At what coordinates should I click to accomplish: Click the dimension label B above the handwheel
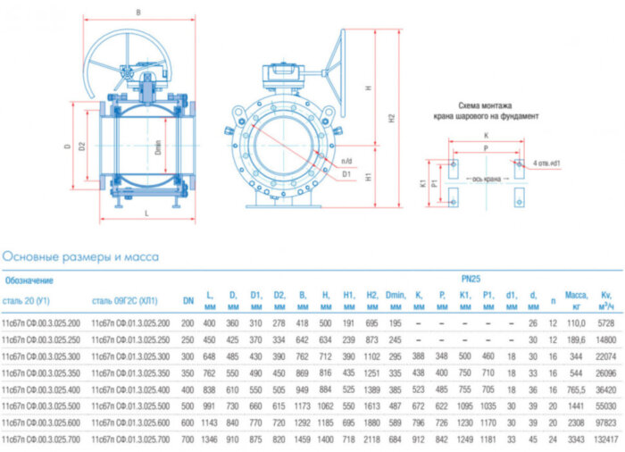138,12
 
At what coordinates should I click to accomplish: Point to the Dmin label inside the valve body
158,148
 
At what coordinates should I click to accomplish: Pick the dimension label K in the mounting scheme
485,135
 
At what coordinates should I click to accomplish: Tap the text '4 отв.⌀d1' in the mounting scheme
547,163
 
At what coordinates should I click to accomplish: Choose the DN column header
188,299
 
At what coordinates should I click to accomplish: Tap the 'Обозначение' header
28,280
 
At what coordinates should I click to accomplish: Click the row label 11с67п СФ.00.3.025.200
42,322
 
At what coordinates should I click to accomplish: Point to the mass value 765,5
576,389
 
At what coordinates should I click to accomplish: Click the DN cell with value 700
188,439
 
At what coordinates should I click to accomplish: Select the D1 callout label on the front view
346,174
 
